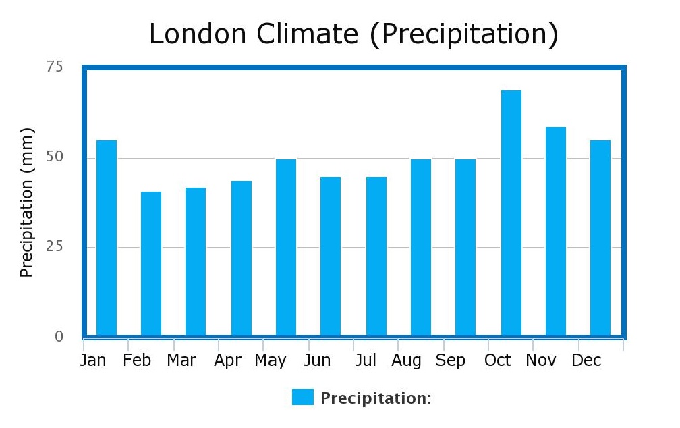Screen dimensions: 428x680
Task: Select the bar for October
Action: pyautogui.click(x=511, y=213)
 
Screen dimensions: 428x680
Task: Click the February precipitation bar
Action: pyautogui.click(x=151, y=263)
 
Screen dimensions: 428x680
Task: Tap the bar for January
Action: pyautogui.click(x=107, y=238)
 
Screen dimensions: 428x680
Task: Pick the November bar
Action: pyautogui.click(x=556, y=231)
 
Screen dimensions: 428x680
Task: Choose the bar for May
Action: pyautogui.click(x=286, y=247)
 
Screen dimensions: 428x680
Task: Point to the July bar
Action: pyautogui.click(x=376, y=256)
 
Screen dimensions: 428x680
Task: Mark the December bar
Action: pyautogui.click(x=600, y=238)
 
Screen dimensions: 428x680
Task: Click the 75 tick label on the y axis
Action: pyautogui.click(x=55, y=66)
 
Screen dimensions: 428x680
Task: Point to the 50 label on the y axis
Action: pyautogui.click(x=55, y=157)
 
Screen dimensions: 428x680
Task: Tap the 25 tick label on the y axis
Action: pyautogui.click(x=55, y=246)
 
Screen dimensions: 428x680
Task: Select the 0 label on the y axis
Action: pyautogui.click(x=59, y=336)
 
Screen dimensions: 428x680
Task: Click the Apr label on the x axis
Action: pyautogui.click(x=228, y=360)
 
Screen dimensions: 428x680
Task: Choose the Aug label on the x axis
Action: pyautogui.click(x=406, y=360)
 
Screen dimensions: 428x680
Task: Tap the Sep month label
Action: pyautogui.click(x=451, y=360)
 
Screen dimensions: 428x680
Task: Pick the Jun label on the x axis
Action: pyautogui.click(x=317, y=360)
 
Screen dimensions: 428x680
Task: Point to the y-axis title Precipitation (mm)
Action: pyautogui.click(x=26, y=203)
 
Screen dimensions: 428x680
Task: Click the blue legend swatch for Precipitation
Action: pyautogui.click(x=303, y=397)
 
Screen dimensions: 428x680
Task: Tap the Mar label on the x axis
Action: pyautogui.click(x=181, y=360)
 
